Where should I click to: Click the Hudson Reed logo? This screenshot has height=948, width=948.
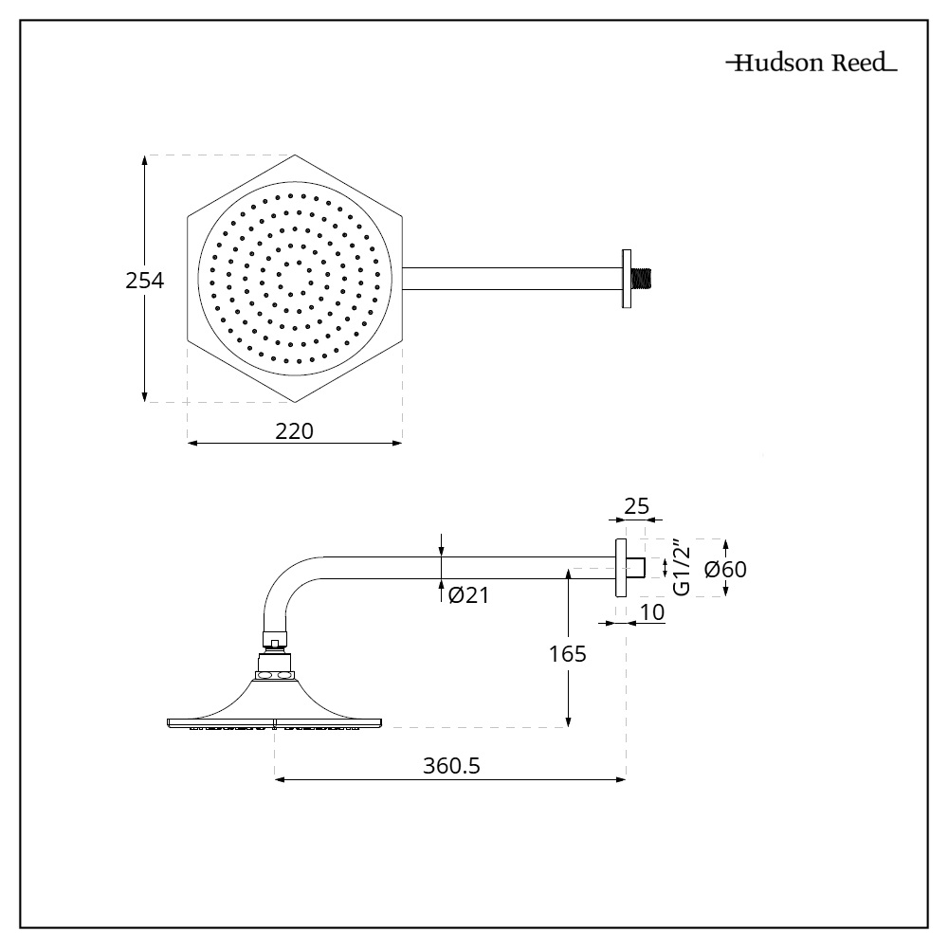811,64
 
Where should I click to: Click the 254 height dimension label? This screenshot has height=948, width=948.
145,281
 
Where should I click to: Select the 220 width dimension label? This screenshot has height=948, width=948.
294,430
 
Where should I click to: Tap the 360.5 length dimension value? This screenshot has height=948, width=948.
450,766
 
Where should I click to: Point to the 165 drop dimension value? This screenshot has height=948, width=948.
568,653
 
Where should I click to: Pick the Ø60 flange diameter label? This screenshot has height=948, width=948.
725,569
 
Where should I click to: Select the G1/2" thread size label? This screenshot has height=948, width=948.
680,568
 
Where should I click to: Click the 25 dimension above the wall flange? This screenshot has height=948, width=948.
636,505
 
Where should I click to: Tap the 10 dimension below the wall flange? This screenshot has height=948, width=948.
651,612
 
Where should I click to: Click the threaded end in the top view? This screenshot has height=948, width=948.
647,279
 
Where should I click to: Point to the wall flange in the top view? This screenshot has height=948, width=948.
626,279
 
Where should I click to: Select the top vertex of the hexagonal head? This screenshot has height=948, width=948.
295,155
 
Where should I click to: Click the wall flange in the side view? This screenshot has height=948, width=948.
621,567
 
